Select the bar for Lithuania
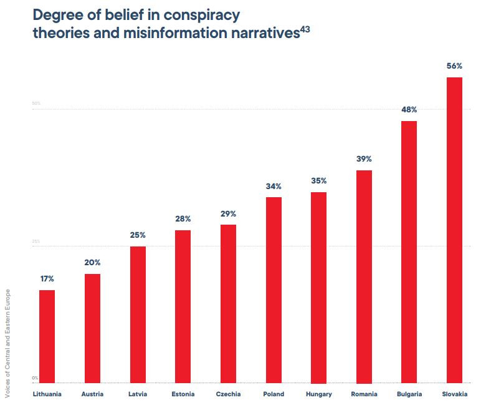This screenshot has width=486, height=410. point(47,336)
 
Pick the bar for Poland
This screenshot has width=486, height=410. point(274,290)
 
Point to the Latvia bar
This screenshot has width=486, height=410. point(138,315)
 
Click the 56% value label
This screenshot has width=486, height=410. point(454,66)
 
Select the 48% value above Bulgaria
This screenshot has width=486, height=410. point(409,109)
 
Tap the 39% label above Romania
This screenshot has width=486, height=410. point(364,159)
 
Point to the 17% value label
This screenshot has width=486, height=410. point(47,278)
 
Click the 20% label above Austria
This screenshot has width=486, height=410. point(92,263)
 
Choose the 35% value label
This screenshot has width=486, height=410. point(319,181)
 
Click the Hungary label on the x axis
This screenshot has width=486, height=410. point(319,394)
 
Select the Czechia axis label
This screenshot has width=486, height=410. point(228,394)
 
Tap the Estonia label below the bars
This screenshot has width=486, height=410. point(183,394)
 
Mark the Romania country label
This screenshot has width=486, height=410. point(364,394)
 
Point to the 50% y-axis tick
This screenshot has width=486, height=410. point(36,103)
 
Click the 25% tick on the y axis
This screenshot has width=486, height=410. point(36,242)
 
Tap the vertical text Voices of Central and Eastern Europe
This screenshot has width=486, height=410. point(7,343)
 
